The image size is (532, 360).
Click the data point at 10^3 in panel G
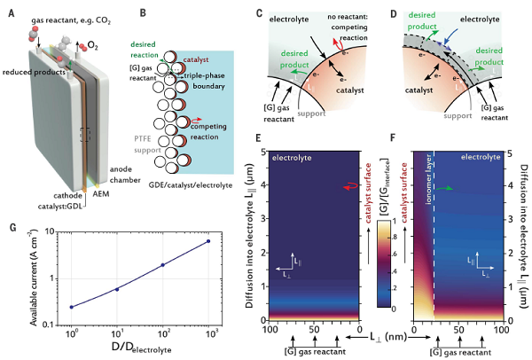click(x=208, y=241)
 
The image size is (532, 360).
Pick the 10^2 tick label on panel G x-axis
click(x=162, y=339)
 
